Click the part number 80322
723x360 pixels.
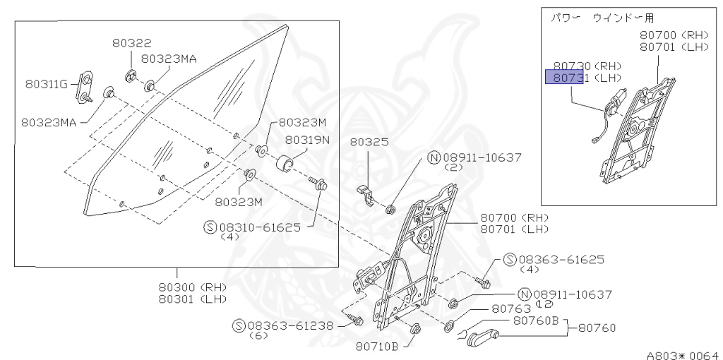(131, 43)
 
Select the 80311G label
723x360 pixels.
(46, 85)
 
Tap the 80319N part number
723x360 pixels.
(307, 139)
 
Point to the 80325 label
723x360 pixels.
(369, 142)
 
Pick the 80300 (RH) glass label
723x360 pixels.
(191, 287)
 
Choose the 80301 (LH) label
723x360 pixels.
(191, 299)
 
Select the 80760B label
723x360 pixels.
(536, 321)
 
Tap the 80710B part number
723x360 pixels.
(377, 346)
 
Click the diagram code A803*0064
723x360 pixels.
(682, 355)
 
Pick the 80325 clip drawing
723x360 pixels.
(364, 193)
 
